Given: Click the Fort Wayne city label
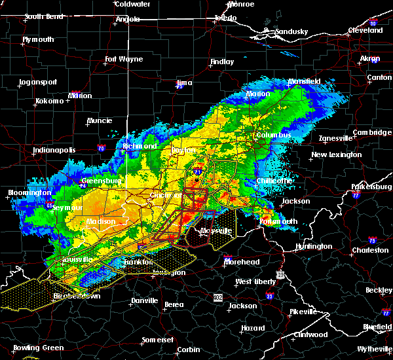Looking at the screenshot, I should [x=124, y=60].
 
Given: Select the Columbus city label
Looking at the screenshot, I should [x=274, y=135].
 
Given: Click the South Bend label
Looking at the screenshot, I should [x=45, y=16].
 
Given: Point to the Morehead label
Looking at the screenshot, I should [x=242, y=262].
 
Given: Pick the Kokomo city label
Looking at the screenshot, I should [x=50, y=101].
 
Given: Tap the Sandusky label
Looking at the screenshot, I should [x=291, y=31].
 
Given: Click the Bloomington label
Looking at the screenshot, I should [x=29, y=193].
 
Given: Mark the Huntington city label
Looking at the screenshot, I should [x=312, y=247].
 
